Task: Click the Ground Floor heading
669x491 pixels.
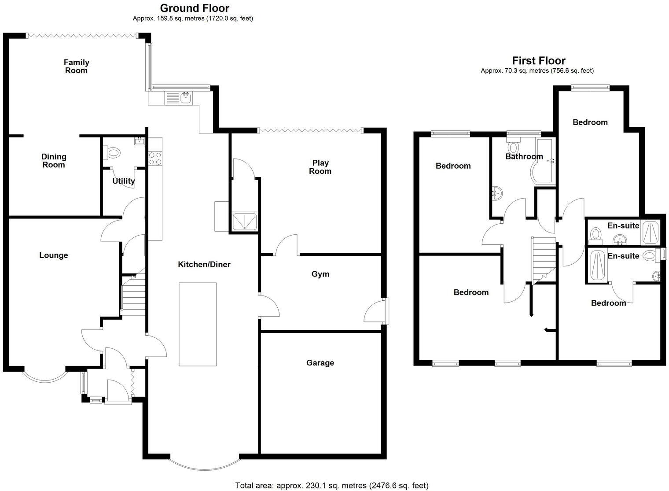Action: point(194,8)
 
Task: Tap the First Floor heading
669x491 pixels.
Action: point(538,60)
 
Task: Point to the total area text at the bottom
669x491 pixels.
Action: point(331,485)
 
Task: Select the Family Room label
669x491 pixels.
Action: point(76,66)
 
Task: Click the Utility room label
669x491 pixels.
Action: point(123,181)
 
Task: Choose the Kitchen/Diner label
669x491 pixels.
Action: point(204,264)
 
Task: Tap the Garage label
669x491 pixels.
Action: point(320,363)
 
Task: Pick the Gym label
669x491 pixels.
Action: point(320,274)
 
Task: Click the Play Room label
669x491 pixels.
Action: point(320,167)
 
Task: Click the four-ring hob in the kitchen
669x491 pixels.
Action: point(155,158)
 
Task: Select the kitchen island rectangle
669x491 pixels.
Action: point(198,324)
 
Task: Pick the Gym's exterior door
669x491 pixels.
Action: point(375,312)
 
